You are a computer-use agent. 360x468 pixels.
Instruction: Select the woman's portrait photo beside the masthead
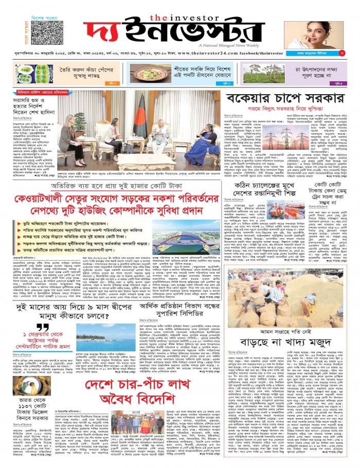tap(314, 34)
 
